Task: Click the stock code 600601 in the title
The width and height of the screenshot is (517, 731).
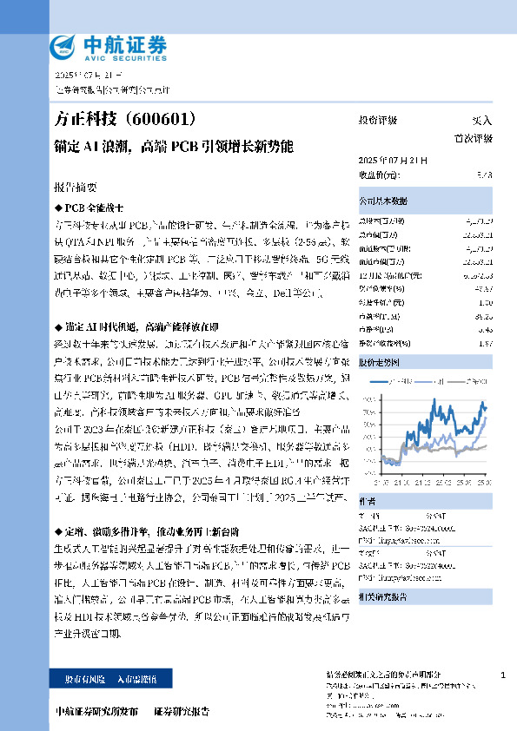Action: (163, 119)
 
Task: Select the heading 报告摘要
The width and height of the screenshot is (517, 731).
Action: (76, 188)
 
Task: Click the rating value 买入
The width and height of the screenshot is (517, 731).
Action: (481, 120)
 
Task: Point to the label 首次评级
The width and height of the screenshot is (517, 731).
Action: (473, 138)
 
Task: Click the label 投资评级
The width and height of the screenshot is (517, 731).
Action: (378, 120)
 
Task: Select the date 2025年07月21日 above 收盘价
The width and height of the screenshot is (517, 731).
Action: (393, 161)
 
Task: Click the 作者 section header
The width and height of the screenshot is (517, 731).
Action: (368, 501)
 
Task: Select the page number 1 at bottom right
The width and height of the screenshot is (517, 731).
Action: (504, 675)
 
